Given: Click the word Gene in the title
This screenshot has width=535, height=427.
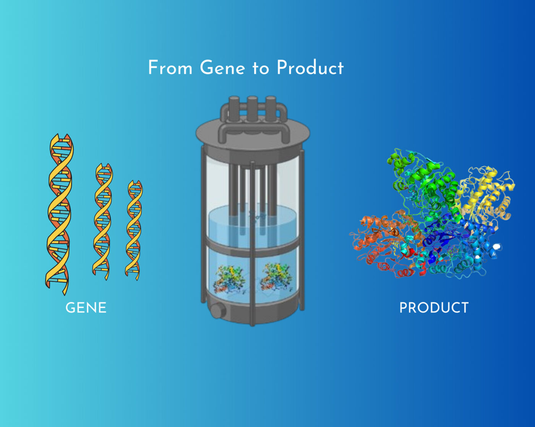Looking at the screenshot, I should click(x=222, y=68).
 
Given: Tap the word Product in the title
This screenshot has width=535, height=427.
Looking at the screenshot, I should click(x=310, y=68).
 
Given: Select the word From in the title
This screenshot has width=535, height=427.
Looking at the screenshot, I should click(x=170, y=68).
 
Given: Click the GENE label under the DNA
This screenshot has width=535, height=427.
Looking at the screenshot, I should click(x=86, y=308).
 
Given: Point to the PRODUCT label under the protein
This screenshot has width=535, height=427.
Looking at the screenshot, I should click(x=434, y=308).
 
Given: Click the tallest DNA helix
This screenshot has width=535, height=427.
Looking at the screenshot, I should click(x=60, y=214).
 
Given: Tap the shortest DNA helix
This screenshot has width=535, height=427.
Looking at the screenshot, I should click(x=134, y=230).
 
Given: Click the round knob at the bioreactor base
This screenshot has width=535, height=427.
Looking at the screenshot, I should click(x=217, y=311).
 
